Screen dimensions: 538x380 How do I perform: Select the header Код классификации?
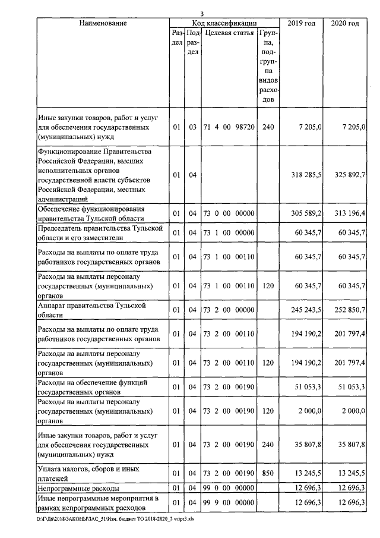(x=223, y=23)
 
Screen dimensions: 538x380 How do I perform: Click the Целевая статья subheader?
(x=229, y=33)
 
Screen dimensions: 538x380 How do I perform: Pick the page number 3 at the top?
(x=202, y=14)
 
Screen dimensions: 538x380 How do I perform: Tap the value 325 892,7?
(x=349, y=175)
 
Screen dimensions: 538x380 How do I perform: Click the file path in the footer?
(x=115, y=518)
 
